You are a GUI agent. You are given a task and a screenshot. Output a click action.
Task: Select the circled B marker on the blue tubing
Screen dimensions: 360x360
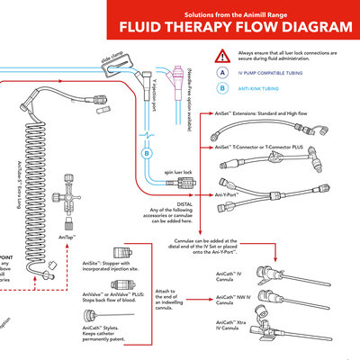[x=148, y=154]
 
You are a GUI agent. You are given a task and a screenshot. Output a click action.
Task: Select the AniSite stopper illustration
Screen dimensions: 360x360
[x=93, y=256]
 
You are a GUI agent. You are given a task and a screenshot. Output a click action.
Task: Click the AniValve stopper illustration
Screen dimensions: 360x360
[x=93, y=286]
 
